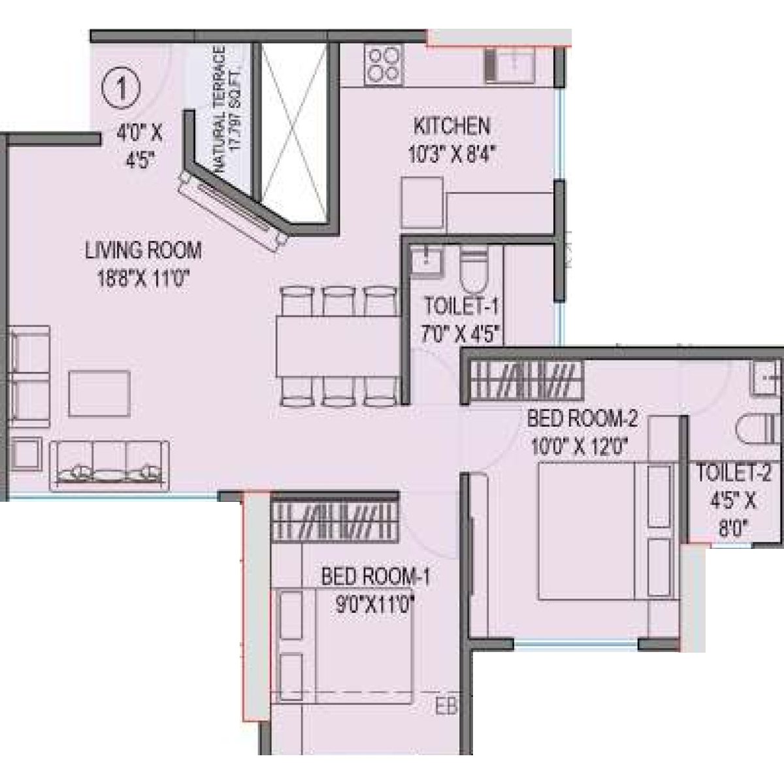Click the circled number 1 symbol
click(120, 89)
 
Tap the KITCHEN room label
click(451, 125)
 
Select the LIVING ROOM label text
click(143, 250)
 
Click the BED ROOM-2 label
click(581, 417)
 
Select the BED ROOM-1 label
click(376, 577)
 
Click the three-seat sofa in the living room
click(110, 465)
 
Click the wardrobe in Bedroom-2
click(527, 382)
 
